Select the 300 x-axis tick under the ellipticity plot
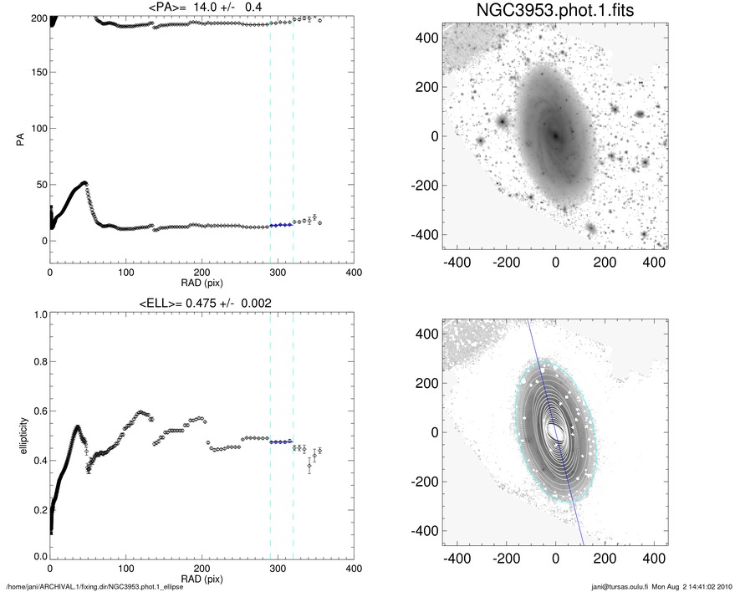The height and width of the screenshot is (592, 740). pos(278,567)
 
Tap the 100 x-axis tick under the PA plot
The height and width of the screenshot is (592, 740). pos(126,271)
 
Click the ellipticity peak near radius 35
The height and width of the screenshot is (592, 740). pos(78,427)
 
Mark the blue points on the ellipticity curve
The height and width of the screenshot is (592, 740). pos(281,441)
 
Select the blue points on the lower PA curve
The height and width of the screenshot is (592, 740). pos(281,225)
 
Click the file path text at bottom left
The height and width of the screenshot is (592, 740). pos(94,586)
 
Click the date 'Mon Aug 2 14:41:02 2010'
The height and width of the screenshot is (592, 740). pos(694,586)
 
